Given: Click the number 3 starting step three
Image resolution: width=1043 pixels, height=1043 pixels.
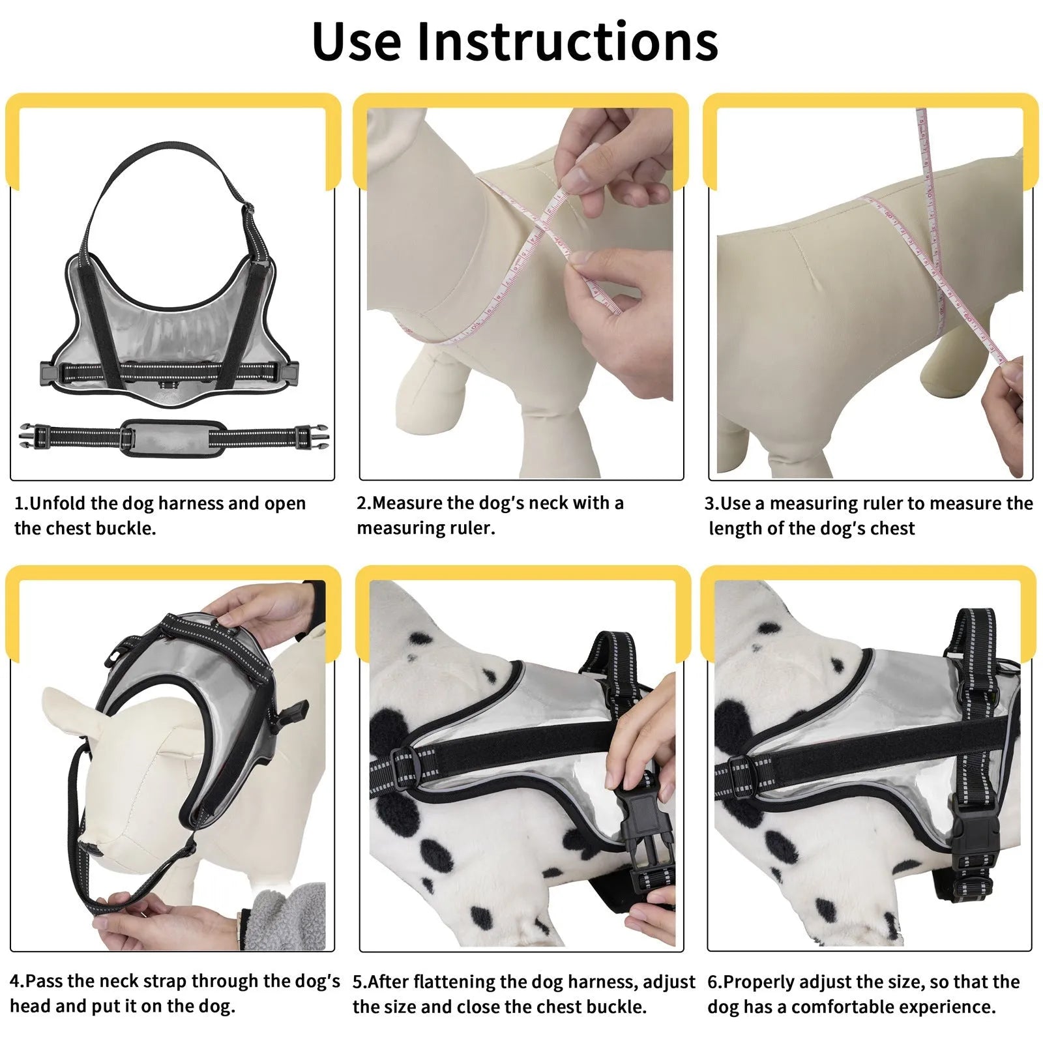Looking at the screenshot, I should pos(709,503).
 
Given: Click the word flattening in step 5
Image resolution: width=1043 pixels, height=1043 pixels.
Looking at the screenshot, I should pos(471,982).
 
